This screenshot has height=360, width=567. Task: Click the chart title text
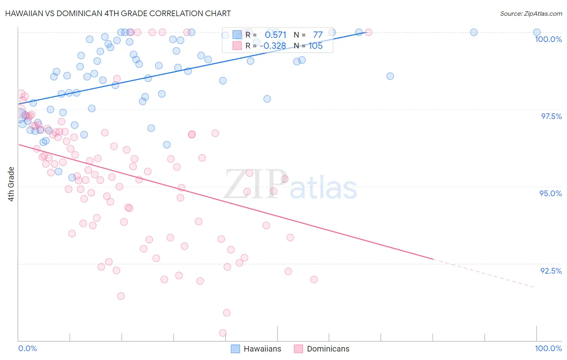click(x=118, y=13)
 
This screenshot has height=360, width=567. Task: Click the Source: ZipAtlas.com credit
click(x=531, y=13)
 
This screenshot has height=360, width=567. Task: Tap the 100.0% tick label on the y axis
click(x=548, y=39)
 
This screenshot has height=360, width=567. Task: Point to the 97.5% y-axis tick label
click(x=551, y=116)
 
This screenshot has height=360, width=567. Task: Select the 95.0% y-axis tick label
click(x=550, y=193)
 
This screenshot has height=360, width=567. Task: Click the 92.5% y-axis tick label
click(x=551, y=271)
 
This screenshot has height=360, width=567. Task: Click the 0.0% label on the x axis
click(x=27, y=348)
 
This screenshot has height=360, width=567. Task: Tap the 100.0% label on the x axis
click(x=548, y=348)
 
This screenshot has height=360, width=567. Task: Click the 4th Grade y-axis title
click(x=11, y=184)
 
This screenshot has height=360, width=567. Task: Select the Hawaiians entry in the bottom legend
click(x=262, y=349)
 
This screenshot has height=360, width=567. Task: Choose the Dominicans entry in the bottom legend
click(x=328, y=349)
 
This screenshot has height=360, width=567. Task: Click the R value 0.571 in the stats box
click(x=275, y=35)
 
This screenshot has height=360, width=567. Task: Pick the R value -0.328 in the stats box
click(x=273, y=46)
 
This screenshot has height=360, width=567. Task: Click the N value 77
click(x=318, y=35)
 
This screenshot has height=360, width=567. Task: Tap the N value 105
click(x=315, y=46)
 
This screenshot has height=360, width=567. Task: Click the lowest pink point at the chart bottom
click(x=223, y=333)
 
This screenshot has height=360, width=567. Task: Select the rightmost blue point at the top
click(x=537, y=32)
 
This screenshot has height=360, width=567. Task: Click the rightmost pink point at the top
click(x=368, y=32)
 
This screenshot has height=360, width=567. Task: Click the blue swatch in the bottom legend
click(x=236, y=349)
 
